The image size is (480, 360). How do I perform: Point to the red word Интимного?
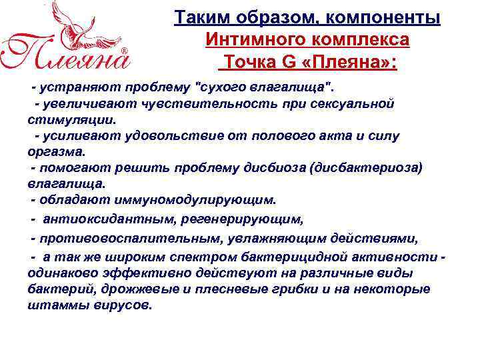tap(247, 40)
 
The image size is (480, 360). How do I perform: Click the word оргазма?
tap(51, 152)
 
